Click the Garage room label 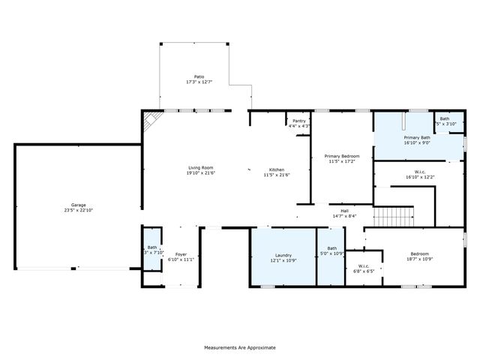[78, 205]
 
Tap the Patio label [199, 76]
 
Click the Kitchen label [276, 169]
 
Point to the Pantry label [299, 121]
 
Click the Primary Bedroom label [342, 156]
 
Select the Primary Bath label [416, 138]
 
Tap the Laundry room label [283, 255]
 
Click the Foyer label [181, 255]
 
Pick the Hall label [345, 211]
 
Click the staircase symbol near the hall [394, 217]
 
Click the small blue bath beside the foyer [152, 250]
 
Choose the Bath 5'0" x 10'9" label [331, 252]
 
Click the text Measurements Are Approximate [240, 347]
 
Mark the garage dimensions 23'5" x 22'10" [78, 210]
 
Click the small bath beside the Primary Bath [445, 121]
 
